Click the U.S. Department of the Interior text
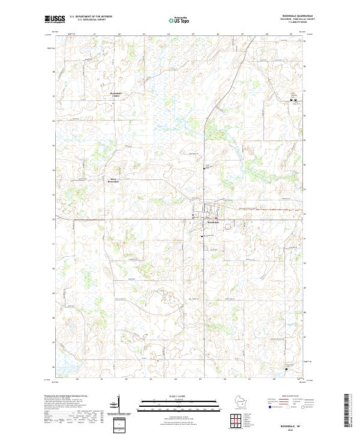[91, 17]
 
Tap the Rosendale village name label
[214, 223]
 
